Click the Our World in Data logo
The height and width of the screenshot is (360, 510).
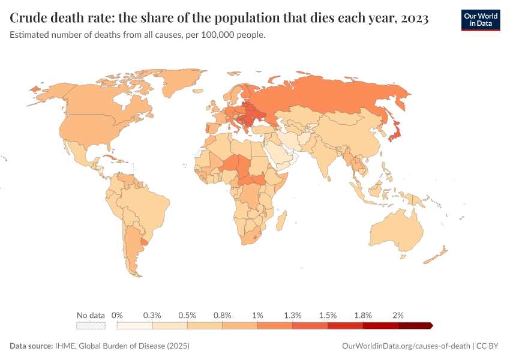[x=480, y=20]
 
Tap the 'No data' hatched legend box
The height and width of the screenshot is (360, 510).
[x=91, y=326]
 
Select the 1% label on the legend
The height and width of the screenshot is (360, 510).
[x=257, y=315]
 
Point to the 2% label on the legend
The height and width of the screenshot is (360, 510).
[x=398, y=315]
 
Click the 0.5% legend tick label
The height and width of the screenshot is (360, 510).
[x=187, y=315]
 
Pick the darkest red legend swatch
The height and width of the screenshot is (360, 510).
[x=415, y=326]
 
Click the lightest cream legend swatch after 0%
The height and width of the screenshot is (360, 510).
[x=134, y=326]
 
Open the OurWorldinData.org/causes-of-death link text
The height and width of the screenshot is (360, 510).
[x=406, y=346]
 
